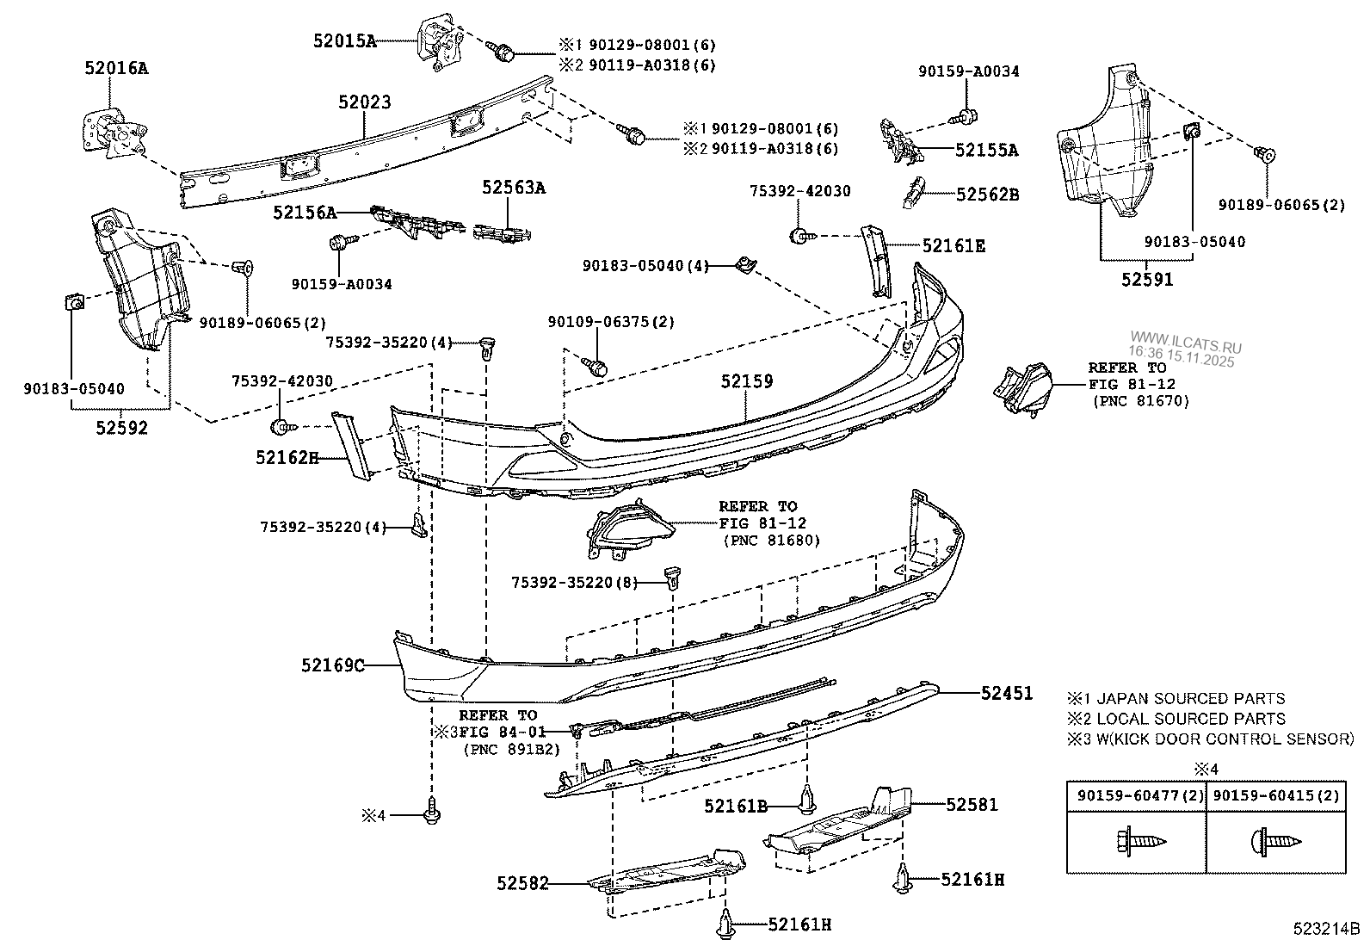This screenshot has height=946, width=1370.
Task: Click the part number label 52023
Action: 364,102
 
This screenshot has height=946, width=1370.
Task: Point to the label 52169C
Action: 333,665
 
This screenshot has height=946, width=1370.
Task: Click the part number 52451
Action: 1007,693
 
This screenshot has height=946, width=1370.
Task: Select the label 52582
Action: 521,883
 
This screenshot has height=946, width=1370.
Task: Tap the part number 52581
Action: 972,805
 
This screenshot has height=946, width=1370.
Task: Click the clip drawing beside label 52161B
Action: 808,801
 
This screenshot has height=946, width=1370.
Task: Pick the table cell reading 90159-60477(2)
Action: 1135,796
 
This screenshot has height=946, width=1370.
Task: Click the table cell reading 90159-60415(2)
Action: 1275,796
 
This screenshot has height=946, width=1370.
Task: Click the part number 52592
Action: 122,427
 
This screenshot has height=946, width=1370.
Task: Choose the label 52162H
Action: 287,457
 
